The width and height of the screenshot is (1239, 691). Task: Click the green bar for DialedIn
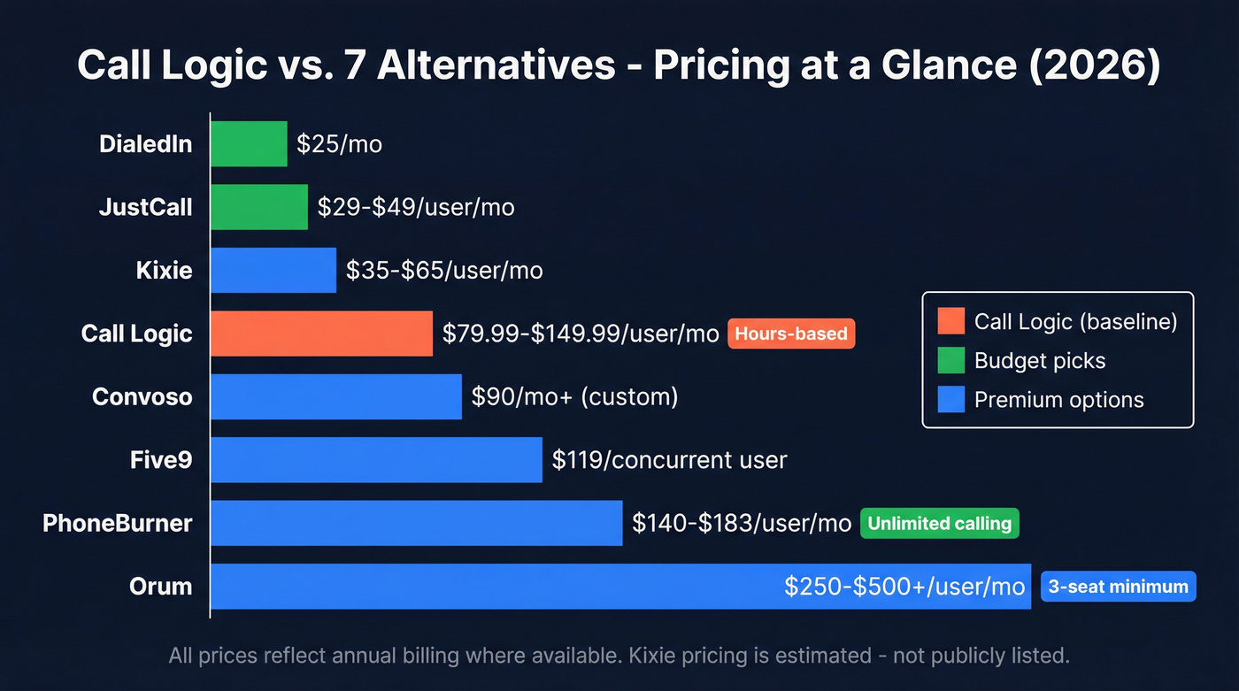coord(249,144)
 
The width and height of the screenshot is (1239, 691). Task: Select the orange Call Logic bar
coord(321,334)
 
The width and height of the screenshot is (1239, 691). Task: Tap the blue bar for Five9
coord(376,460)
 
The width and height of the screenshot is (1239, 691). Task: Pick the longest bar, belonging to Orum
coord(496,586)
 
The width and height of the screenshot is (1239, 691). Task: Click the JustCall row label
coord(145,207)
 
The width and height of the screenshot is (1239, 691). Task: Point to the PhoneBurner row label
coord(117,523)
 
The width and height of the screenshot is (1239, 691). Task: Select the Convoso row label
coord(142,396)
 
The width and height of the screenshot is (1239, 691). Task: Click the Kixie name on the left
coord(164,270)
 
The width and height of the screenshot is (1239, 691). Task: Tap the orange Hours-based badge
coord(791,334)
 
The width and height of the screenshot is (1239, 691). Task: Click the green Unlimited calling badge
coord(939,523)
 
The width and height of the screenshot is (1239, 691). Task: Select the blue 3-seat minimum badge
coord(1118,586)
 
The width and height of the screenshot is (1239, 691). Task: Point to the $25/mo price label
coord(339,144)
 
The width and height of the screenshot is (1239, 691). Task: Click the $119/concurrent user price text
coord(669,460)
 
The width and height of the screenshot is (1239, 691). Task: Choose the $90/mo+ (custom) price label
coord(574,396)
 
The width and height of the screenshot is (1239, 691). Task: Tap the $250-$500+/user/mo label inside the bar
coord(904,586)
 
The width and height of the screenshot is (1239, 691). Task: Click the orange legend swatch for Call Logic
coord(950,321)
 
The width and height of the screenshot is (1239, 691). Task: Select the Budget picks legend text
coord(1039,360)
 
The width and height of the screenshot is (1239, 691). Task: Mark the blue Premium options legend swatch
coord(950,399)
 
